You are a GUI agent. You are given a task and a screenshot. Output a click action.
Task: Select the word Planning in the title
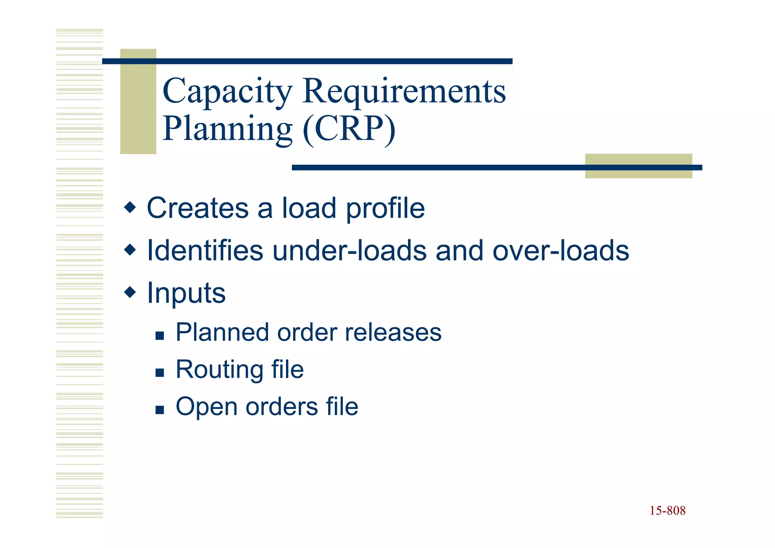click(x=227, y=129)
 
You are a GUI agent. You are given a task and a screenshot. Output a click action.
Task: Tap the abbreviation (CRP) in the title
click(x=349, y=129)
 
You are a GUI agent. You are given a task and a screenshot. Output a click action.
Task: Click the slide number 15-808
click(x=668, y=511)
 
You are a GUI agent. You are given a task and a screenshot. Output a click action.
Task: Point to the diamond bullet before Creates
click(x=130, y=207)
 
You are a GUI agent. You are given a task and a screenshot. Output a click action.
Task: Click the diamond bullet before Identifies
click(x=130, y=250)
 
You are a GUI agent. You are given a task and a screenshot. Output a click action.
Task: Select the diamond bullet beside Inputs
click(x=130, y=292)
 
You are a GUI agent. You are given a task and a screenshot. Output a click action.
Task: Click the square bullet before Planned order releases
click(x=160, y=336)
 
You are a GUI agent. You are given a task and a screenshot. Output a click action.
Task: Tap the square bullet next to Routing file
click(x=160, y=373)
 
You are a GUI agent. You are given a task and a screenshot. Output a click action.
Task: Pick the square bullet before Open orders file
click(x=160, y=410)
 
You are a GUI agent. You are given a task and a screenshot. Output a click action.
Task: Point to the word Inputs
click(x=186, y=293)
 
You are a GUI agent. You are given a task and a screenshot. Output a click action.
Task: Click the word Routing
click(x=218, y=370)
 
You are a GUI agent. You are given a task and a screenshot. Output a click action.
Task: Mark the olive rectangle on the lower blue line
click(x=638, y=166)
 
